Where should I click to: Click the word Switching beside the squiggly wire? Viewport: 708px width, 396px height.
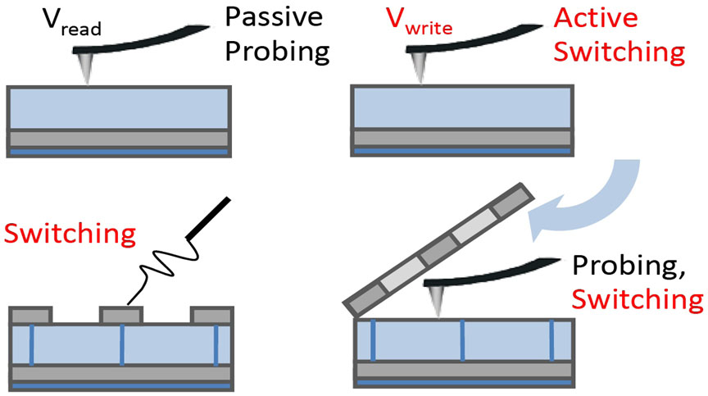(70, 234)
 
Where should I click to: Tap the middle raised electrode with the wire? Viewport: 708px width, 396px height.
(120, 315)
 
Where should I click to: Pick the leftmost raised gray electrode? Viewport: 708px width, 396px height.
(30, 315)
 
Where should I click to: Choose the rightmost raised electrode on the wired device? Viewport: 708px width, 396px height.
(211, 315)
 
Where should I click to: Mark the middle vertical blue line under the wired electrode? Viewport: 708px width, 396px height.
(121, 344)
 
